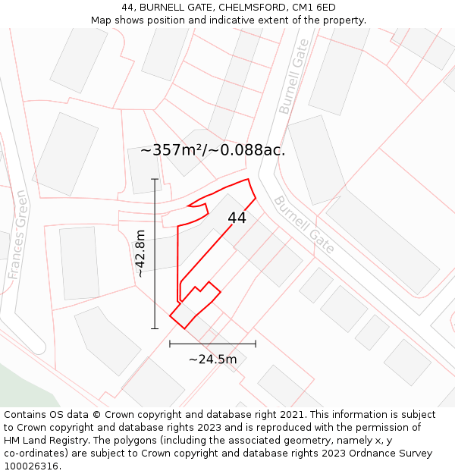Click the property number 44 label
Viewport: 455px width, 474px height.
[237, 218]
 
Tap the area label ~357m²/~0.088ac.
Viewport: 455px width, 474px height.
[212, 150]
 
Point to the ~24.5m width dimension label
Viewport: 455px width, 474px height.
[212, 359]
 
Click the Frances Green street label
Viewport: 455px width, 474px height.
[18, 234]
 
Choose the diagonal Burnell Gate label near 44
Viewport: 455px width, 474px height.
[303, 224]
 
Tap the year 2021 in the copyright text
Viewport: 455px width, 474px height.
[293, 415]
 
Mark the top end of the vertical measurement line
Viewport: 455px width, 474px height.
[155, 179]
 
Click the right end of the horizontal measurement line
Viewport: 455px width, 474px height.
[256, 344]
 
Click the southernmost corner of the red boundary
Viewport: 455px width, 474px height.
[185, 328]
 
